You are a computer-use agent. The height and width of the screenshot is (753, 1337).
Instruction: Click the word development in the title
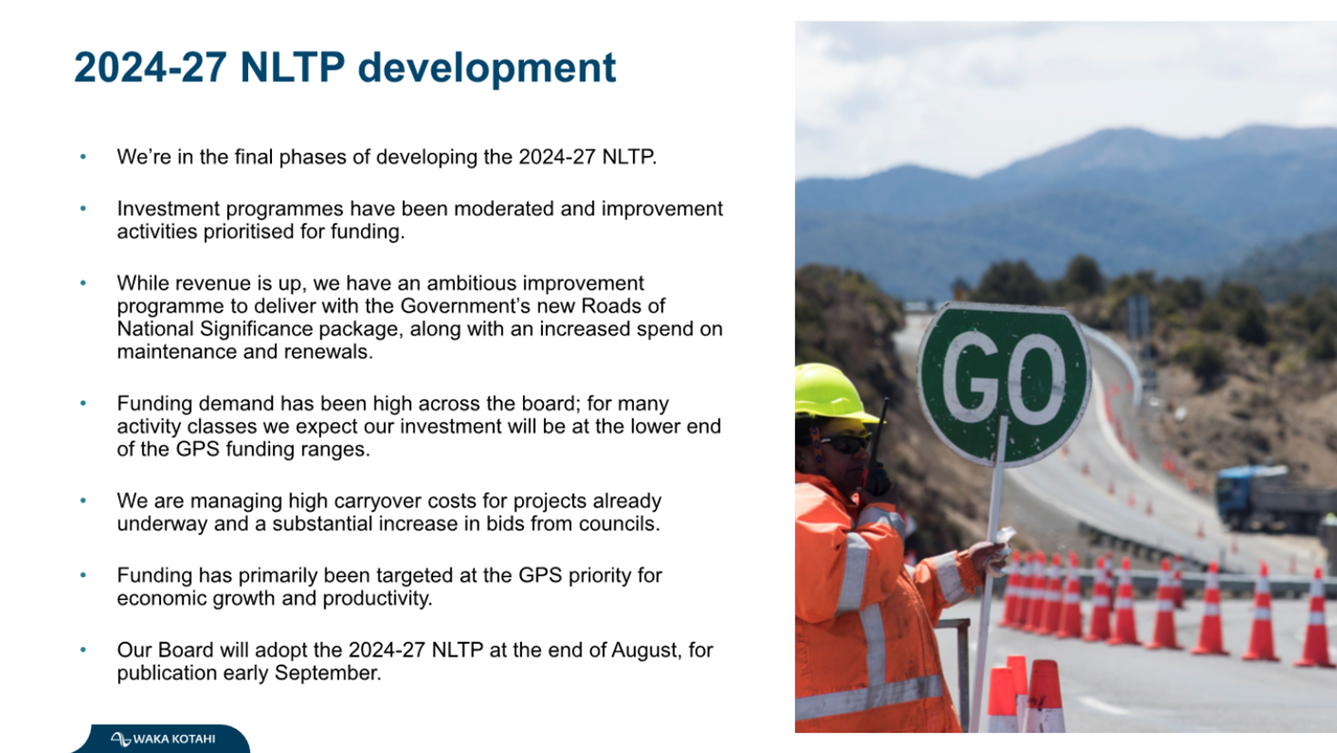(486, 69)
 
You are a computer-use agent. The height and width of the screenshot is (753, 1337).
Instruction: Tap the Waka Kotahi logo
(163, 738)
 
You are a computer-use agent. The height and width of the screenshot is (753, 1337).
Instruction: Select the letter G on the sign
(971, 376)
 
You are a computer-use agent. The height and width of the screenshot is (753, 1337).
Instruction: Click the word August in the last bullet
(646, 649)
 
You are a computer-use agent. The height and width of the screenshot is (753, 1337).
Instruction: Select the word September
(327, 673)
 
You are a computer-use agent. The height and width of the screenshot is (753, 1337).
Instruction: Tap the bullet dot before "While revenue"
(83, 283)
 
